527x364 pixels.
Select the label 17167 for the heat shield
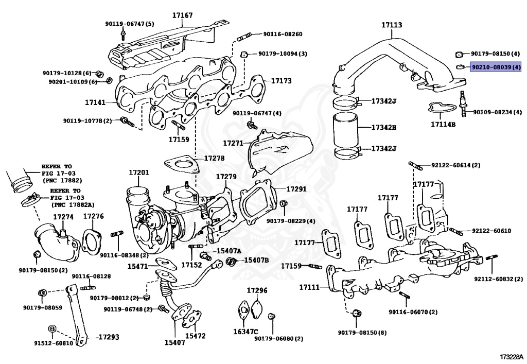[x=183, y=15]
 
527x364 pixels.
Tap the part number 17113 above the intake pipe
[x=392, y=25]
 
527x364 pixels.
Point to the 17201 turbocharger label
[x=139, y=173]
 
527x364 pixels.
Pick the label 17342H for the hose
[x=384, y=127]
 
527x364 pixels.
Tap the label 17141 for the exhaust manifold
[x=95, y=102]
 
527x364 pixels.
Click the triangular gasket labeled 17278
[x=181, y=166]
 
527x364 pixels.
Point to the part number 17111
[x=309, y=287]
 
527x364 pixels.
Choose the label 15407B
[x=256, y=260]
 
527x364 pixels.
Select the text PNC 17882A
[x=73, y=205]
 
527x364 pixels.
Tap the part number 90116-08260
[x=283, y=34]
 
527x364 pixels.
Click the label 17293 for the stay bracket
[x=109, y=337]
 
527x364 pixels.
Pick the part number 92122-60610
[x=491, y=231]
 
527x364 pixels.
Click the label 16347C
[x=245, y=332]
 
